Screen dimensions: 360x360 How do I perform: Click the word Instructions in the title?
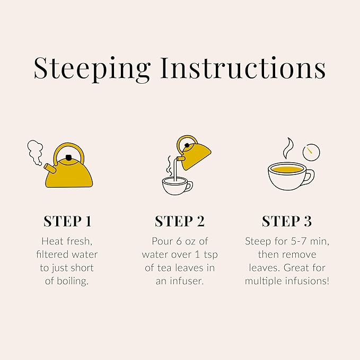click(x=243, y=68)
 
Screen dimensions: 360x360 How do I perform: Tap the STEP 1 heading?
click(x=67, y=221)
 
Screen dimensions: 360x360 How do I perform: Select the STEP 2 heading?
click(x=180, y=221)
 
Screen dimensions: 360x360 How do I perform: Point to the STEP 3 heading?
click(x=287, y=221)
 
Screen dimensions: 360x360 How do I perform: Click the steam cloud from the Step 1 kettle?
click(x=36, y=152)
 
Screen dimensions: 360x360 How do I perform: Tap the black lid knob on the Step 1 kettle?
click(x=68, y=157)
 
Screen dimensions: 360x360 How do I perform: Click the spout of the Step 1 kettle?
click(x=49, y=169)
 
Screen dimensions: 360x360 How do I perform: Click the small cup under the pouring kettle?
click(x=177, y=186)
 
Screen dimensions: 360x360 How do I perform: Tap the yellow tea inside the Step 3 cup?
click(x=287, y=170)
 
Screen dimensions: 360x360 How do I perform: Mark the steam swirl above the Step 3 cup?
click(x=288, y=148)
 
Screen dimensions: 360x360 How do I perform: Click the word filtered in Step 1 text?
click(x=52, y=254)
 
